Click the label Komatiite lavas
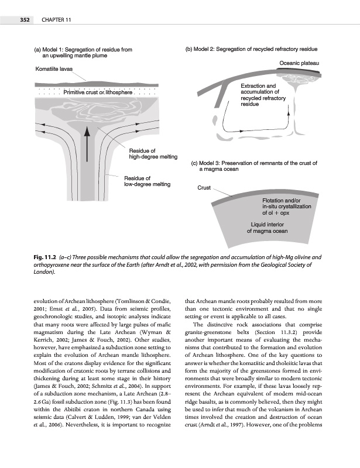53,68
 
